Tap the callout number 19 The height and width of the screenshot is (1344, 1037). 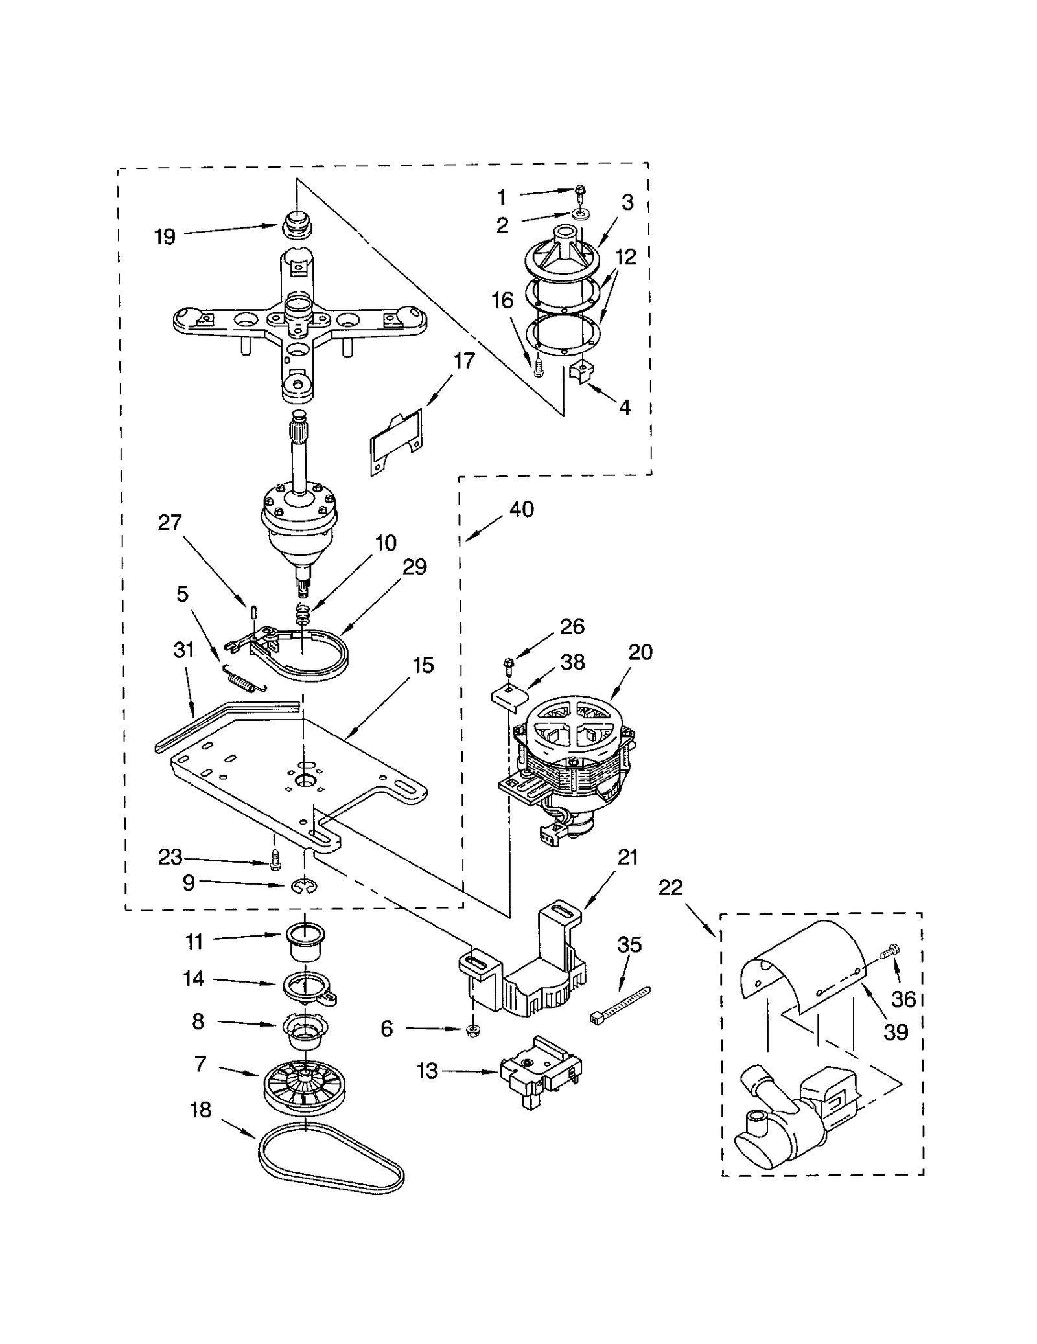[165, 237]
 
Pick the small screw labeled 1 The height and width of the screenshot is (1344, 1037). [579, 190]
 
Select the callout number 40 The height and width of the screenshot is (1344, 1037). [522, 509]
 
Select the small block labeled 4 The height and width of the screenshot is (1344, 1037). [581, 373]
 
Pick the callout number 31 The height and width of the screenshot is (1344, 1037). [184, 650]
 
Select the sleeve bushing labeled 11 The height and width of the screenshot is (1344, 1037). [305, 946]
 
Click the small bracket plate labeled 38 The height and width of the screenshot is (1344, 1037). [507, 698]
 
